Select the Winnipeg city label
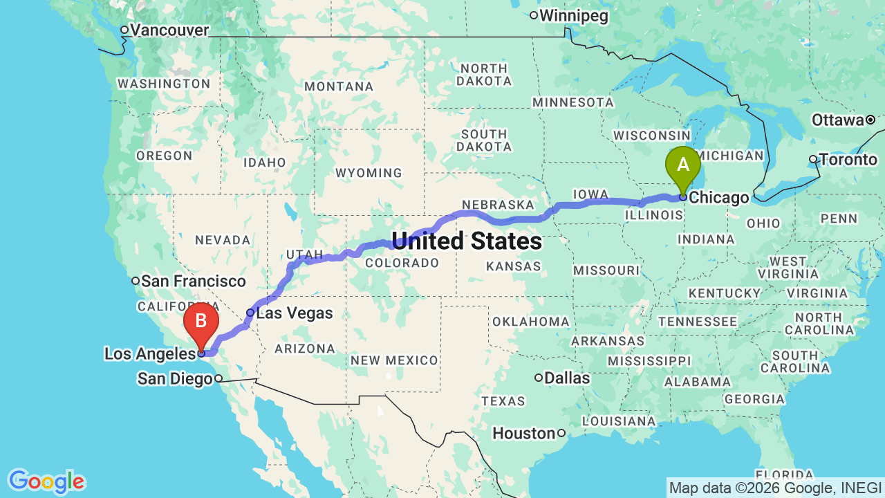coord(573,15)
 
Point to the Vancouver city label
coord(169,30)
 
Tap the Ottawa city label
coord(837,120)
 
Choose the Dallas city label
coord(567,378)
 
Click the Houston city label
coord(523,434)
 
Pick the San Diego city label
coord(175,378)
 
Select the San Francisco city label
coord(193,281)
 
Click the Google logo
coord(46,481)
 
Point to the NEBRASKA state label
coord(498,205)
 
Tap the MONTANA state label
coord(339,86)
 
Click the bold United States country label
coord(467,241)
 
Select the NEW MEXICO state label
coord(393,360)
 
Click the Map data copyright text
coord(775,488)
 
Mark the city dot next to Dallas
coord(539,378)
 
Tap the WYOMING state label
coord(368,172)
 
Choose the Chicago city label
coord(719,198)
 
